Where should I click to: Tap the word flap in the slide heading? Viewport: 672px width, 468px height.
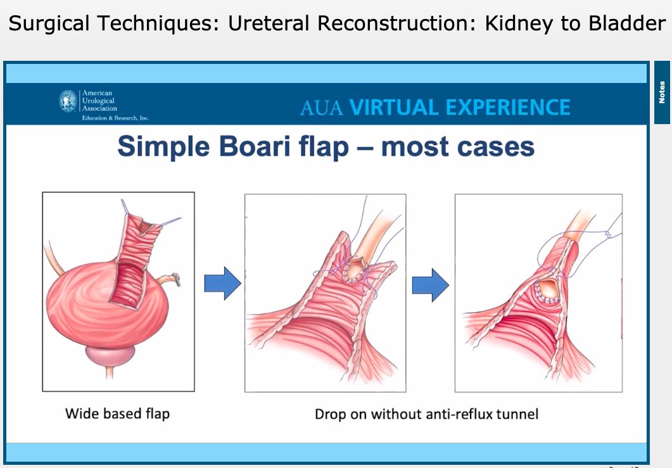(326, 148)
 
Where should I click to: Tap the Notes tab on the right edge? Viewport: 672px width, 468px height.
(662, 92)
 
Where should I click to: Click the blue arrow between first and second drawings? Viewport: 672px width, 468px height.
(222, 284)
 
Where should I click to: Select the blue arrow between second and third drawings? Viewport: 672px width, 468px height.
(431, 284)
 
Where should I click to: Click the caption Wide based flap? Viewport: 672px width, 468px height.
(117, 414)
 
